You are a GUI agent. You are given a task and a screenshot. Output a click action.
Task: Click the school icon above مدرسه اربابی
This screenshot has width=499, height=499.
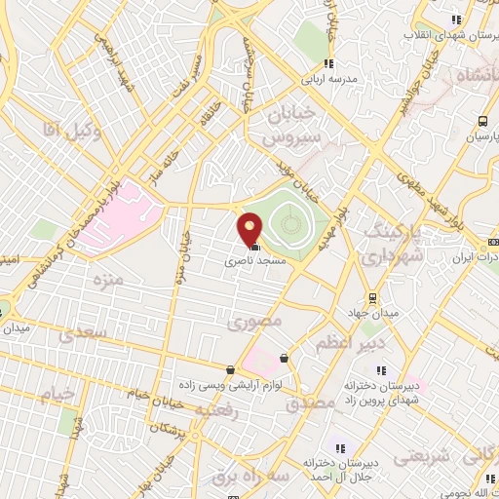coord(328,63)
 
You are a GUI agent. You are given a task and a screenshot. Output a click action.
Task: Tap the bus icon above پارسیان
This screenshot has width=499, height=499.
coord(482,122)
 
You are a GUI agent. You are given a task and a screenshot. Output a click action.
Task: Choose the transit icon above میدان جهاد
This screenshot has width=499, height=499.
coord(369,298)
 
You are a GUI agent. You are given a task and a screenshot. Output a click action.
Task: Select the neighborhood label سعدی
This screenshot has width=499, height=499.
coord(78,334)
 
